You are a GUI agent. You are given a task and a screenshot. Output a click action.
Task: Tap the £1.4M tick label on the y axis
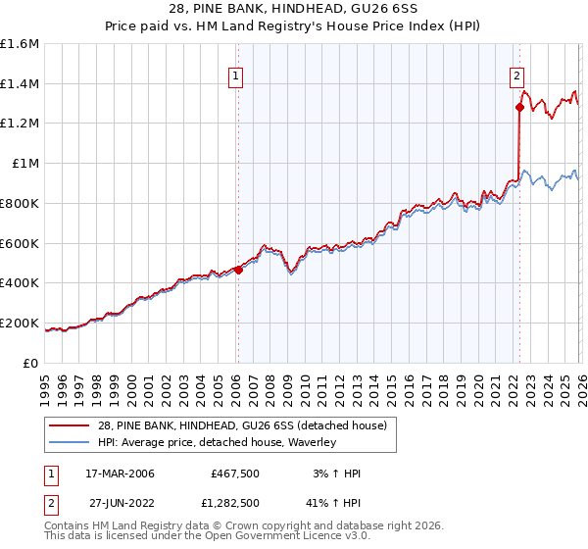coord(20,84)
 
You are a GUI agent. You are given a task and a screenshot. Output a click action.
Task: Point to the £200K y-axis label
coord(20,323)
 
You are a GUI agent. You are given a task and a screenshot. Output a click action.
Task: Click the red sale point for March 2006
coord(238,270)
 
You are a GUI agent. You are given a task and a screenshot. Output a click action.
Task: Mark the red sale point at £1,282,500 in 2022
coord(519,108)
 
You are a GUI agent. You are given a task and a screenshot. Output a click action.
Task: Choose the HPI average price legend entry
coord(216,443)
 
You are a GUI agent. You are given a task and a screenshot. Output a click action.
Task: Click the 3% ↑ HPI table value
coord(336,474)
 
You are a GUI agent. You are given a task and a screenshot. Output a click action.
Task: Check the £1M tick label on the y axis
coord(24,164)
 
